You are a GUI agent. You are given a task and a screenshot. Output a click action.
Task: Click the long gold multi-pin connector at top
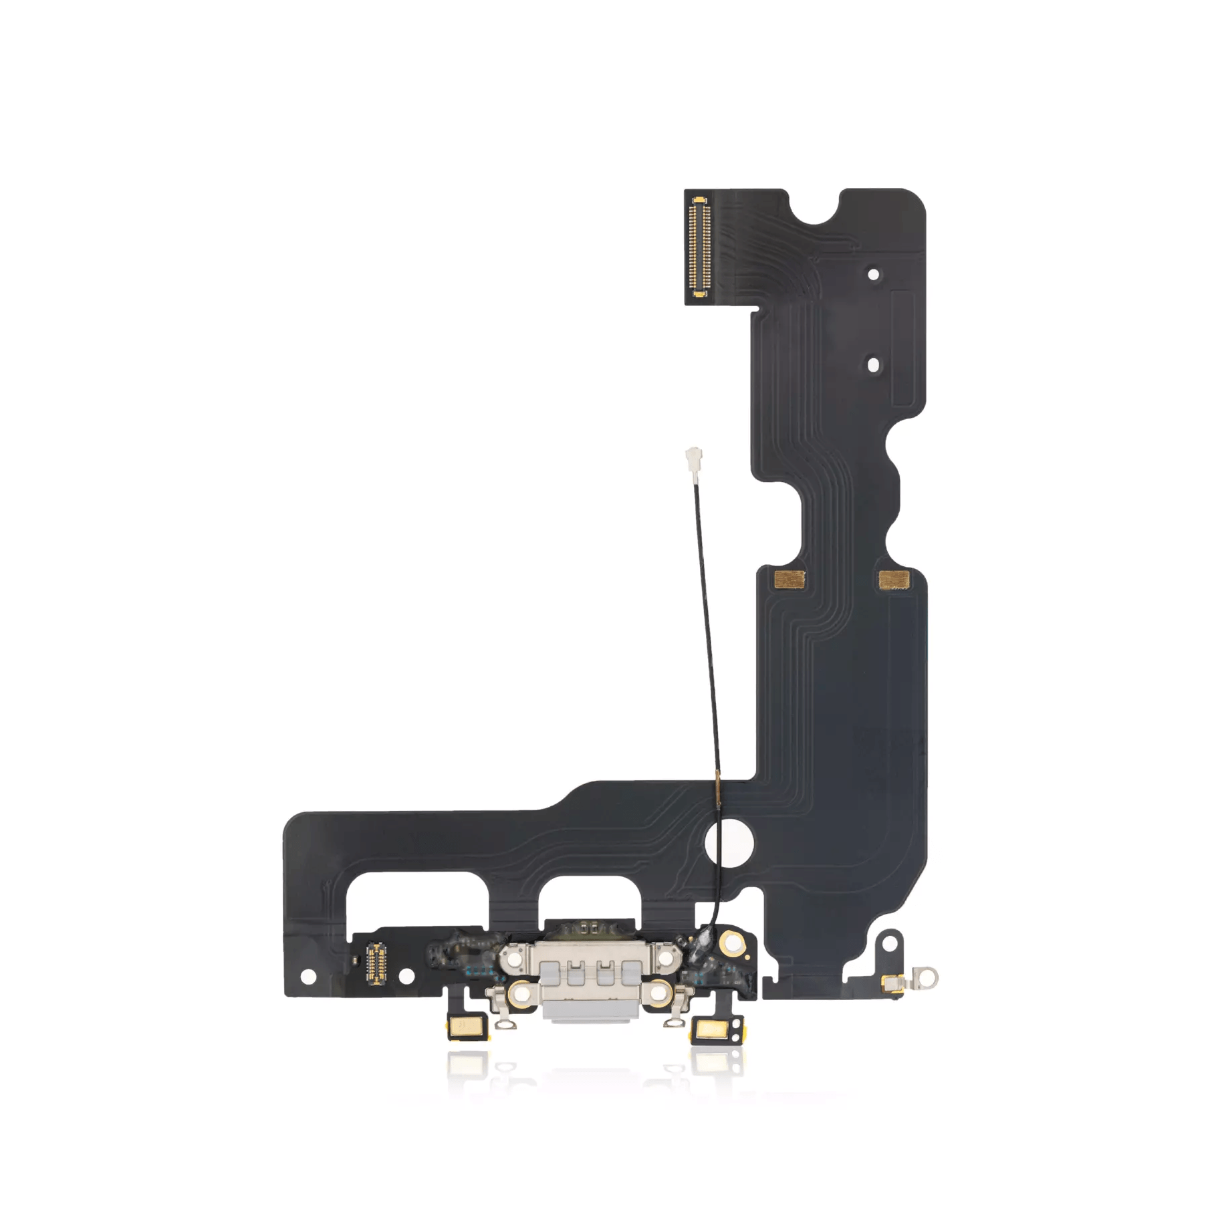point(699,248)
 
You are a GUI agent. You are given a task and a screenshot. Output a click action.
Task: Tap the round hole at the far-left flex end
point(308,977)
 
